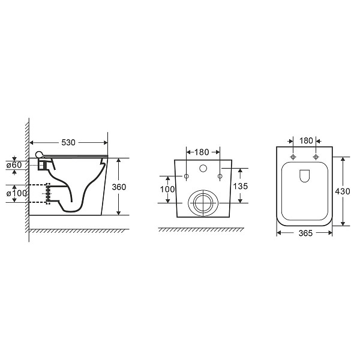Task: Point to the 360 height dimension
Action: [120, 187]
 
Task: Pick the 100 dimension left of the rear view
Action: [169, 190]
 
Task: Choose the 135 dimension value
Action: [240, 187]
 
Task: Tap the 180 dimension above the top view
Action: [305, 140]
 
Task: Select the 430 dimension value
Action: [343, 191]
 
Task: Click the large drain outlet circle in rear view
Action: [203, 204]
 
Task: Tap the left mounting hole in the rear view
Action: [187, 176]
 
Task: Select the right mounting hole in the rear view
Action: [220, 176]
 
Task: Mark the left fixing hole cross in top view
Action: [293, 157]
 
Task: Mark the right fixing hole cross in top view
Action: [316, 157]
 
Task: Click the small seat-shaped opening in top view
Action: [304, 175]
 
